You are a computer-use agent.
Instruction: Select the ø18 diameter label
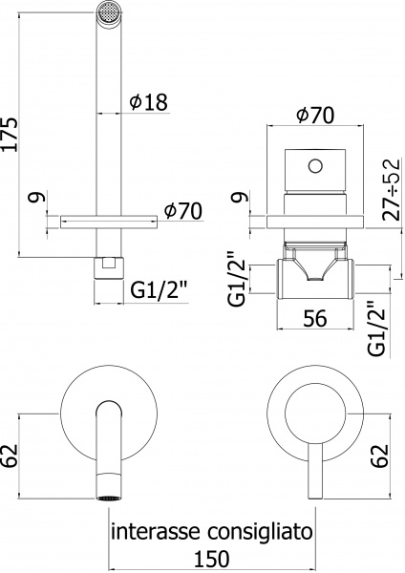pyautogui.click(x=149, y=101)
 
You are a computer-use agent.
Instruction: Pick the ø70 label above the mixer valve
pyautogui.click(x=316, y=116)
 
